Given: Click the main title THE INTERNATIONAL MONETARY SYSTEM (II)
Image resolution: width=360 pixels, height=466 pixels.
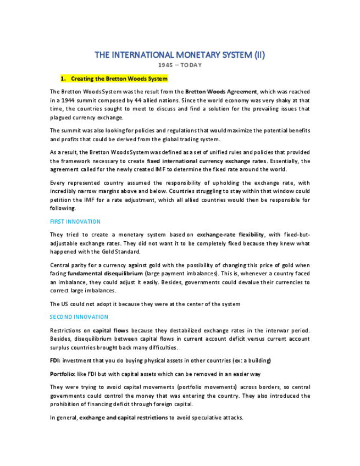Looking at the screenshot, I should pos(180,55).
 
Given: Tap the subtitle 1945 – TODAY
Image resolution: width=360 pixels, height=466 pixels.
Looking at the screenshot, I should pos(180,65).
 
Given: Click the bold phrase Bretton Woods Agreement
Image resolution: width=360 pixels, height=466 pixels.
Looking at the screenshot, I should pos(221,92).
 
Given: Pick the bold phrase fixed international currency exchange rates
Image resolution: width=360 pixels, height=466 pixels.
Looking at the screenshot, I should pos(207,161).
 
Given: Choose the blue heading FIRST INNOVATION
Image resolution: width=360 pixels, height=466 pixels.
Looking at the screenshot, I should pos(75,221).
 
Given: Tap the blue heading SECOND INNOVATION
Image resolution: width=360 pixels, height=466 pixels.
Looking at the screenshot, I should pos(79,317).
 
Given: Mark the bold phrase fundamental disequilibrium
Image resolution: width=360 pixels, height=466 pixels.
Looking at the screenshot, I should pos(105,273).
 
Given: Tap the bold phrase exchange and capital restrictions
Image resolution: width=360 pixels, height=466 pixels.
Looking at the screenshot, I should pos(124,418).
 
